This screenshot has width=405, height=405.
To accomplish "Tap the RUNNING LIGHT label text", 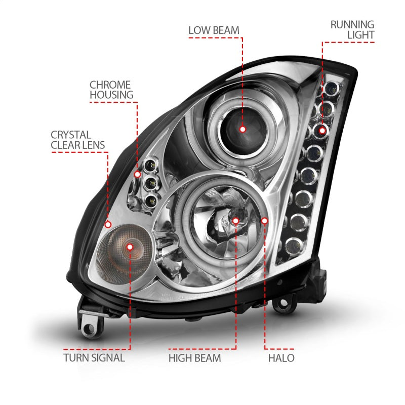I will coord(352,29).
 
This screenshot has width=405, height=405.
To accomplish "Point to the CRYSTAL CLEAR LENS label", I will coord(77,140).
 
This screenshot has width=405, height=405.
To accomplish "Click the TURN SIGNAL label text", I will coord(94,358).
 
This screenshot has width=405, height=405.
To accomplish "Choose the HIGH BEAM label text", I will coord(195,358).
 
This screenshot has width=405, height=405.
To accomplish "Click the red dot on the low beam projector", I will coord(242,129).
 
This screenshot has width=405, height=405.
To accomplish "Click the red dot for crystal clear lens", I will coord(108,223).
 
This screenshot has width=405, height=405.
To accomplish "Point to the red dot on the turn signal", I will coord(131,247).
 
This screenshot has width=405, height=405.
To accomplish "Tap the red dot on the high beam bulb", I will coord(236,220).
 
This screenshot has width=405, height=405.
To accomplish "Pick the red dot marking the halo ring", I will coord(265,220).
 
